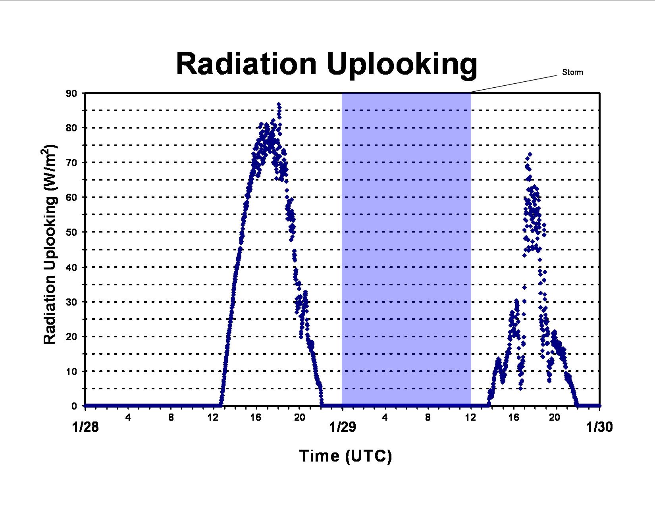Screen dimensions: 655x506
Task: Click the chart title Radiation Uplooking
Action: point(326,65)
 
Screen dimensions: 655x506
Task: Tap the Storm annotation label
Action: point(572,72)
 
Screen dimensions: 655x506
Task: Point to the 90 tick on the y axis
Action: point(71,93)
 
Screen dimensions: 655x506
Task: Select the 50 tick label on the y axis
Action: point(71,232)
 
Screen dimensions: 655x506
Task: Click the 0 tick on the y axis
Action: point(74,406)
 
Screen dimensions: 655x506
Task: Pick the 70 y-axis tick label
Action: point(71,163)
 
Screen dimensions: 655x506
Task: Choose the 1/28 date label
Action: point(85,427)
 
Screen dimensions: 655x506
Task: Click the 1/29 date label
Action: point(343,427)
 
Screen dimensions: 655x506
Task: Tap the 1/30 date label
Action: point(599,427)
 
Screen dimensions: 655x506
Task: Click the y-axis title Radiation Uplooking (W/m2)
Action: point(49,245)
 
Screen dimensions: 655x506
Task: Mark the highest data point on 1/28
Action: point(279,104)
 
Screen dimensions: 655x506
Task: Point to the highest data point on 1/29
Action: point(530,154)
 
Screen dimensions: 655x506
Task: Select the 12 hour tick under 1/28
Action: point(213,417)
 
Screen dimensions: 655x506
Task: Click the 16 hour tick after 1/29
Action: point(513,417)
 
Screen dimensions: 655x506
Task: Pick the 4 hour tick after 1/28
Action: point(128,417)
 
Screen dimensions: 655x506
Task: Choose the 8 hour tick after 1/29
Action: point(428,417)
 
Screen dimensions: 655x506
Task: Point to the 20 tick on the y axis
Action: point(71,337)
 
